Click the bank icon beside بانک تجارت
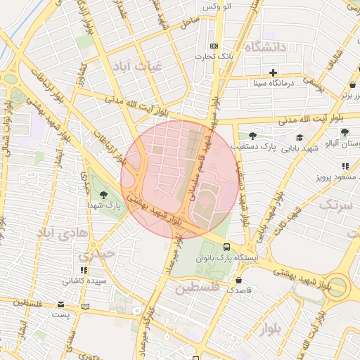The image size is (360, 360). click(x=224, y=46)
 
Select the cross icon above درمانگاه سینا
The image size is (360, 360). click(x=274, y=72)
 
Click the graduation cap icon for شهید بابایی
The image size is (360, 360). click(x=300, y=138)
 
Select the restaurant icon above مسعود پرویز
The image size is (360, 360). click(x=345, y=166)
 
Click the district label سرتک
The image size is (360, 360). click(x=336, y=205)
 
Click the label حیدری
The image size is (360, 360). click(x=95, y=255)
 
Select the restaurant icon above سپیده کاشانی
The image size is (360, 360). click(x=84, y=270)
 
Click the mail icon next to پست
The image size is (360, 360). click(x=61, y=304)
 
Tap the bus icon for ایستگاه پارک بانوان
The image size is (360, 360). click(x=226, y=247)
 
